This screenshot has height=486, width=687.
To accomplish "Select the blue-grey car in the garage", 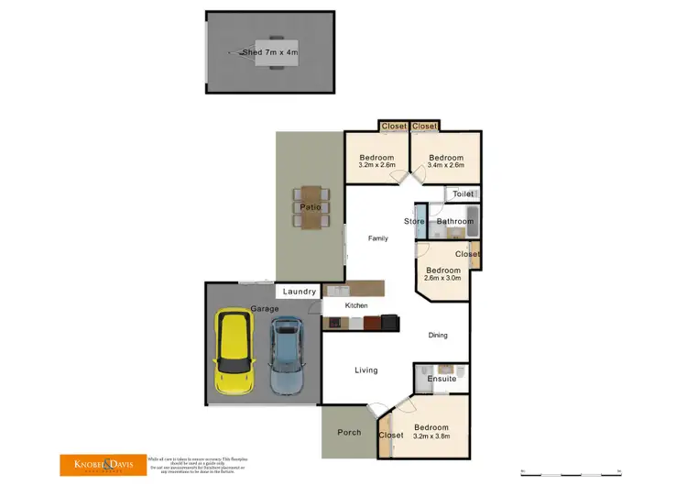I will (286, 356).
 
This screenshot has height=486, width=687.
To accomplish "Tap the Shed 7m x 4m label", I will (270, 52).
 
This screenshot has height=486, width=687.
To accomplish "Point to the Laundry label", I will (300, 292).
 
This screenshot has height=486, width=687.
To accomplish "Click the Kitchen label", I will (356, 304).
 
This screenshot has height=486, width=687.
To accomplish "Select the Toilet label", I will (463, 194).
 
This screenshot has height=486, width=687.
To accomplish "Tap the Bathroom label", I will (454, 221).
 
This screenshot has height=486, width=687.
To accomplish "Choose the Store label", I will (414, 221).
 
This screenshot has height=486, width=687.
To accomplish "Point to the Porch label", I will (349, 432).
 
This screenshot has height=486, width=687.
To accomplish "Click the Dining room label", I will (438, 335).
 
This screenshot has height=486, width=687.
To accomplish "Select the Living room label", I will (366, 370).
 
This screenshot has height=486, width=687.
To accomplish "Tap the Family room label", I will (377, 238).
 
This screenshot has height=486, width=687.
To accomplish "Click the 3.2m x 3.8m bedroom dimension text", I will (431, 437).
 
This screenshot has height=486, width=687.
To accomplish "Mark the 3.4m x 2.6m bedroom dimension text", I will (446, 165).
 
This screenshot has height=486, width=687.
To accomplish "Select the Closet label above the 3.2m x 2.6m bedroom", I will (394, 127).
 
